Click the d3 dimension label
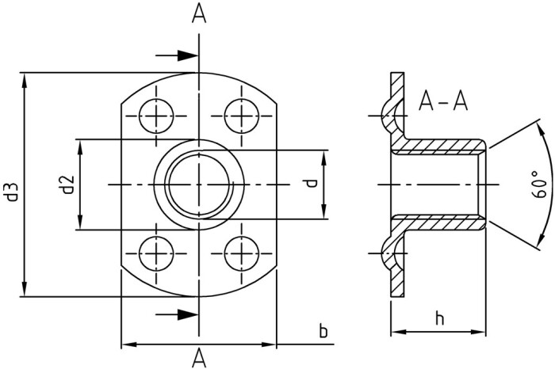[13, 192]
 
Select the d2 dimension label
[67, 184]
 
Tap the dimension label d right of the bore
[312, 184]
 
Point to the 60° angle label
[538, 184]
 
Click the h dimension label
[439, 318]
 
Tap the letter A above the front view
[199, 14]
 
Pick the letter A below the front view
[199, 358]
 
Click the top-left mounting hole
[156, 116]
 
